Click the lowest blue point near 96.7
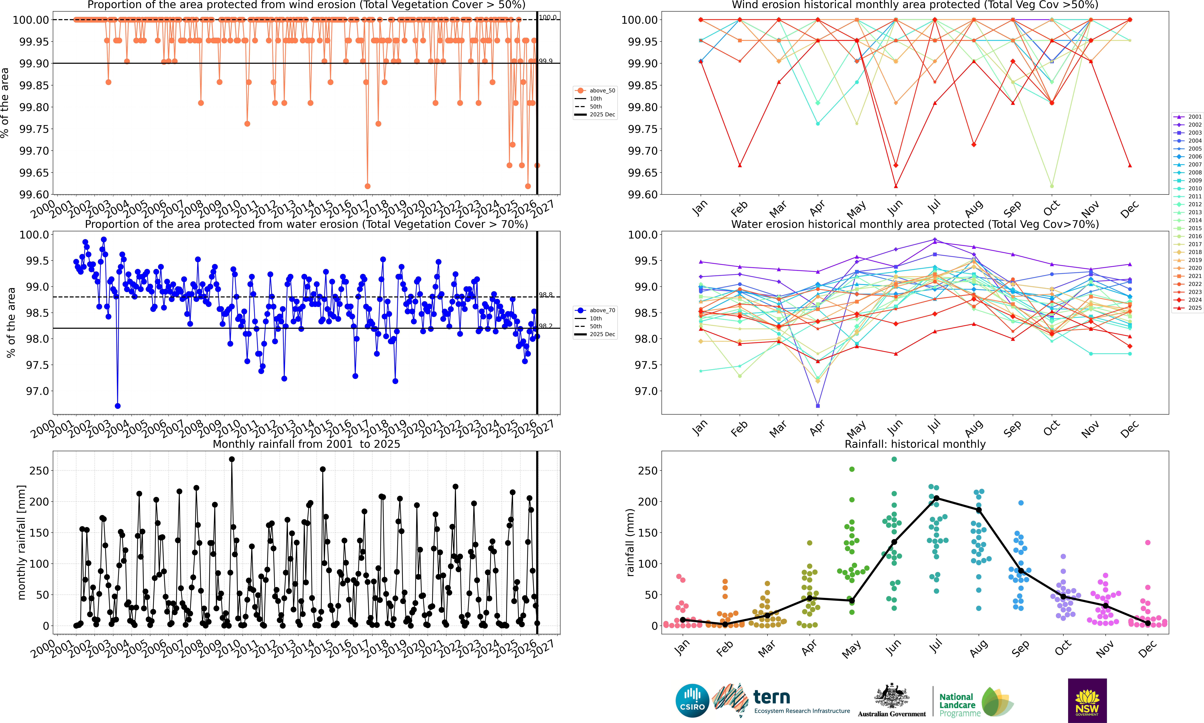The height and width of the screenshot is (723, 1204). tap(117, 406)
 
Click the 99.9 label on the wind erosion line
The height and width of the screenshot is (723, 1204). tap(546, 61)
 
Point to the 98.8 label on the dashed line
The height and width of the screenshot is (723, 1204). tap(546, 295)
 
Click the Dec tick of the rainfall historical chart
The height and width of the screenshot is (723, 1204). tap(1148, 648)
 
